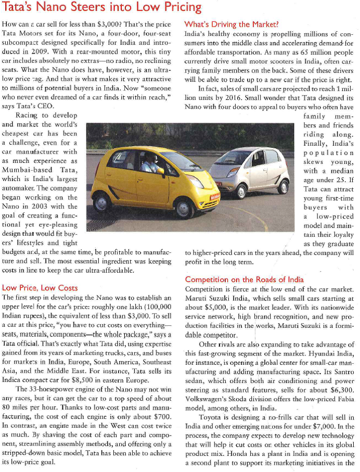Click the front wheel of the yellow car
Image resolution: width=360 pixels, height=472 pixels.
(184, 208)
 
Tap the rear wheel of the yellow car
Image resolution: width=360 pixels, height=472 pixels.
(102, 201)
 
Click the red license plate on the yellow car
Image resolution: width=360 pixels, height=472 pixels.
(214, 198)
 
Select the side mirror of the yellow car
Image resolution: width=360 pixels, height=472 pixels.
(160, 170)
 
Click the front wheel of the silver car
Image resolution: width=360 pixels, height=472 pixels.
(240, 191)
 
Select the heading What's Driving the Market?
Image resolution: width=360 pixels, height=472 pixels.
(232, 24)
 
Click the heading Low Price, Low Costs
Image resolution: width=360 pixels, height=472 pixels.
(40, 287)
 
